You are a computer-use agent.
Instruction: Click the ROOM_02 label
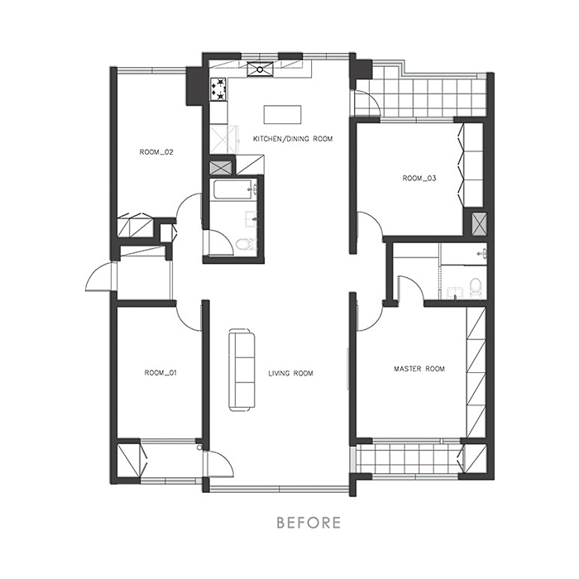[156, 152]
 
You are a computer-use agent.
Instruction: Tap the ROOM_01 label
[160, 373]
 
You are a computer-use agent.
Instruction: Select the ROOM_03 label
[419, 179]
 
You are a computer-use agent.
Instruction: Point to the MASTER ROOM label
[419, 369]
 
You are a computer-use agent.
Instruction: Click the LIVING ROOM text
[290, 373]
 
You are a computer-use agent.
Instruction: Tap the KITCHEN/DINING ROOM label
[293, 139]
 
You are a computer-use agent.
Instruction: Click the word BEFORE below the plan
[309, 523]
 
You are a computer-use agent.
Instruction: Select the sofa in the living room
[242, 370]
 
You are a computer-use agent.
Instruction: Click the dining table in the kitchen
[283, 115]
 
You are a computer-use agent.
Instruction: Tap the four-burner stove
[218, 89]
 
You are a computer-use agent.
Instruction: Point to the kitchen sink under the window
[260, 69]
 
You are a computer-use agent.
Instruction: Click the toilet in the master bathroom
[475, 286]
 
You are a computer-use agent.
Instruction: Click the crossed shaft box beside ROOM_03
[479, 225]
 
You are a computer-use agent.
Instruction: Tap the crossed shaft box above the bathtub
[221, 168]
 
